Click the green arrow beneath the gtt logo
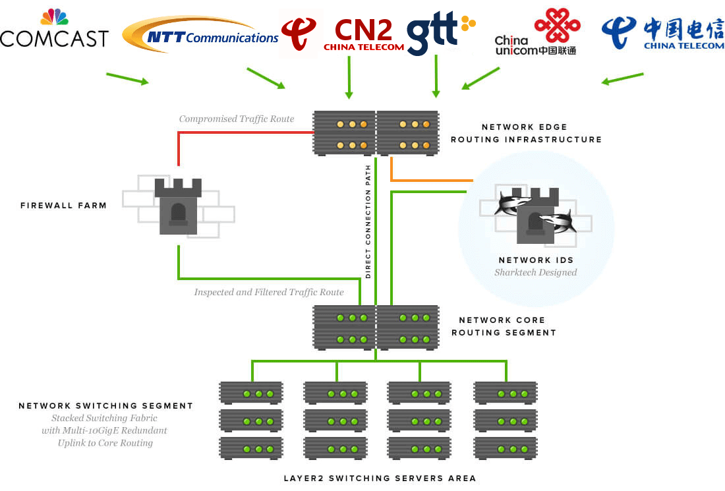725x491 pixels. pyautogui.click(x=436, y=76)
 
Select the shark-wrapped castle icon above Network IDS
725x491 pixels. pyautogui.click(x=535, y=212)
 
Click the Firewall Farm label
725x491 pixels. pyautogui.click(x=63, y=206)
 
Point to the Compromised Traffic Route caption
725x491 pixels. pyautogui.click(x=237, y=119)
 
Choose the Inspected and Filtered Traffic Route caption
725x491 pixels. pyautogui.click(x=268, y=292)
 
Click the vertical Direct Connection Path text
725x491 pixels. pyautogui.click(x=368, y=221)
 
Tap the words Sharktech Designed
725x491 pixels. pyautogui.click(x=535, y=272)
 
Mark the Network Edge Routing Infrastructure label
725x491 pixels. pyautogui.click(x=525, y=133)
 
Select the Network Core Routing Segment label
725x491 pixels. pyautogui.click(x=503, y=326)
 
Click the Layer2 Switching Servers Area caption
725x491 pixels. pyautogui.click(x=380, y=478)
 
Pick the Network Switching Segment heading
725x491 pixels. pyautogui.click(x=105, y=406)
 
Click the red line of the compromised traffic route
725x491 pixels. pyautogui.click(x=244, y=132)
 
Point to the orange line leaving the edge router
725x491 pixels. pyautogui.click(x=432, y=179)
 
